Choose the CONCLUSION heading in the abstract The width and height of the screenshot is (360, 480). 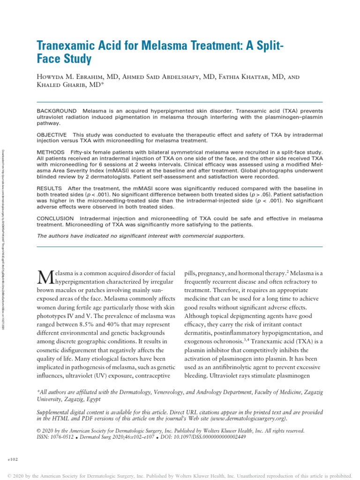click(55, 219)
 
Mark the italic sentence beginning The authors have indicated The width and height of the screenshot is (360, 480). click(141, 236)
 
